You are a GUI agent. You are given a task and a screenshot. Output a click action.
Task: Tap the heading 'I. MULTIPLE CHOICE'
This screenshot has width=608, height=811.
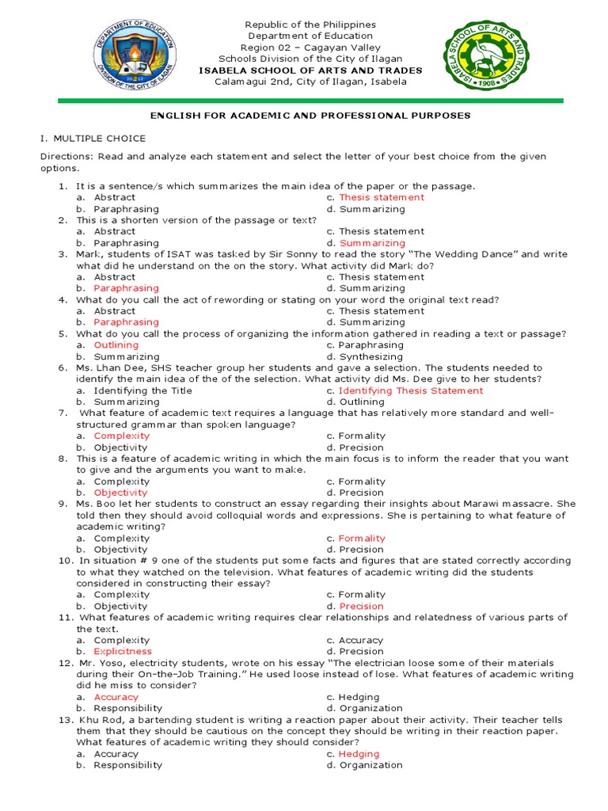93,139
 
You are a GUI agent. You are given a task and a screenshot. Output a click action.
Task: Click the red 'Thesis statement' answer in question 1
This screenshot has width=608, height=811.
382,197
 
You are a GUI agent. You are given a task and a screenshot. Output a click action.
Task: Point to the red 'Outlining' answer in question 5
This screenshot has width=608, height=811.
116,345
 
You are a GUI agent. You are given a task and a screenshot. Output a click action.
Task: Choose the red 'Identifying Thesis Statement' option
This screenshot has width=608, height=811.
411,390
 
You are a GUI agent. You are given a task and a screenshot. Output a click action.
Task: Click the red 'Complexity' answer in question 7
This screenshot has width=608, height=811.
121,436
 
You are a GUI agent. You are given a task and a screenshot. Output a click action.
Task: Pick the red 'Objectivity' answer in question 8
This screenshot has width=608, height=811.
120,493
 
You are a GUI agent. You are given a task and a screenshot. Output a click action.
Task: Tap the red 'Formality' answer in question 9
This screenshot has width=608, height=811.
362,539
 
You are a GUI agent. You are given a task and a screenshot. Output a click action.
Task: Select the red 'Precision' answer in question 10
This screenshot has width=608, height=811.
361,607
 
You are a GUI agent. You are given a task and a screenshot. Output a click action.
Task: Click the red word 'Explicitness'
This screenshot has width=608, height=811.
123,652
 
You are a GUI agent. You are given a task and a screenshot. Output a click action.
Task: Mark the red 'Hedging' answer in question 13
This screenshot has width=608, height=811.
359,754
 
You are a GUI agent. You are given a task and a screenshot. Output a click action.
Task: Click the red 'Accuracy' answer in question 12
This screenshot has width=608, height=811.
116,697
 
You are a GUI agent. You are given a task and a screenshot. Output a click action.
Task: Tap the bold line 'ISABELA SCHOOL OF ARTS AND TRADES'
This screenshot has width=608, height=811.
310,70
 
